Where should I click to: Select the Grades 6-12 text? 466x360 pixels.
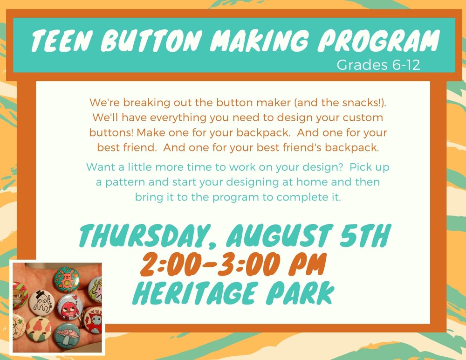pos(378,65)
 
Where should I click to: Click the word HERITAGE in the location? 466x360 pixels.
pos(196,293)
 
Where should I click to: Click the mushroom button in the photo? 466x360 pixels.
pos(68,335)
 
